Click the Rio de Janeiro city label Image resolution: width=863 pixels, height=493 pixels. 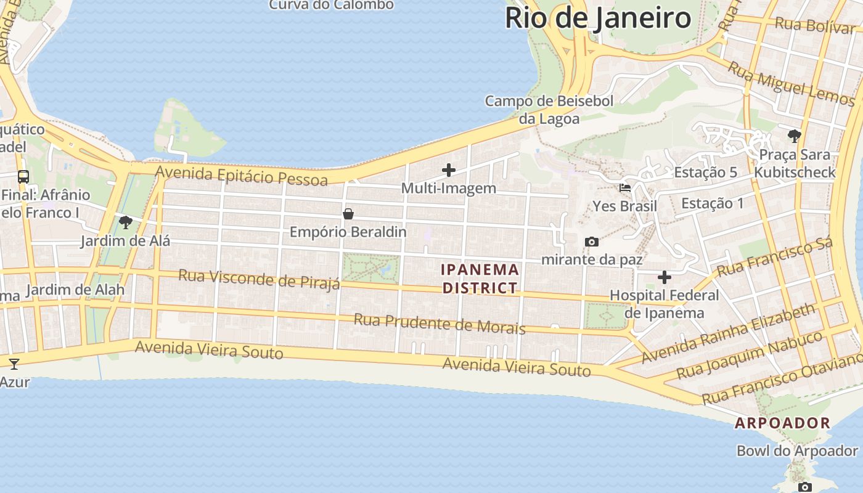tap(597, 18)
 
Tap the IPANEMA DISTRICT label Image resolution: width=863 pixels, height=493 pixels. tap(480, 279)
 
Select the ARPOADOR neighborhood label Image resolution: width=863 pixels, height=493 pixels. tap(782, 423)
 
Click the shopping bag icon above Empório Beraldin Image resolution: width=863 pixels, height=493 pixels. tap(348, 214)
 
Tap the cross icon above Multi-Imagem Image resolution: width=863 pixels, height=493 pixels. tap(449, 170)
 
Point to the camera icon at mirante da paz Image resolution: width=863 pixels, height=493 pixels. tap(591, 242)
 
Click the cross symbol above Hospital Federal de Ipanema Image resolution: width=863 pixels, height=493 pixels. tap(664, 277)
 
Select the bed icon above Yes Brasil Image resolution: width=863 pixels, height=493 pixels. tap(624, 188)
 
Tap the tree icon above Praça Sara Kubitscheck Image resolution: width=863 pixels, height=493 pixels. tap(794, 136)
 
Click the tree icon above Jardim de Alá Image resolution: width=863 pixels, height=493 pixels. tap(126, 222)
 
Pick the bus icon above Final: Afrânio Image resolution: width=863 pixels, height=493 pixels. tap(23, 177)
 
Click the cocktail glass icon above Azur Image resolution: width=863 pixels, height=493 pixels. tap(14, 364)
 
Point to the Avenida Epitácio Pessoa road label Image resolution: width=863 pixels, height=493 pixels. tap(241, 176)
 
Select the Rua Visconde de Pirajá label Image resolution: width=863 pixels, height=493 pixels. tap(259, 279)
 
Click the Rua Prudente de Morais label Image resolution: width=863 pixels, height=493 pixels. tap(439, 324)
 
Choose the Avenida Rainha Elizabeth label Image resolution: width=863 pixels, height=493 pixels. tap(727, 333)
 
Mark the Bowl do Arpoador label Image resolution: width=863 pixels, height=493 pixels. tap(797, 450)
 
